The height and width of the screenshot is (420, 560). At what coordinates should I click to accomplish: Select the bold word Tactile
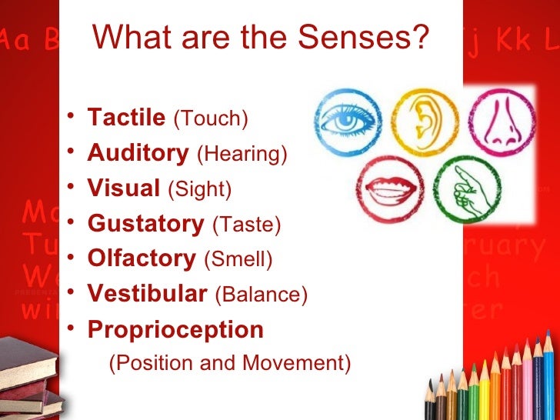coord(126,118)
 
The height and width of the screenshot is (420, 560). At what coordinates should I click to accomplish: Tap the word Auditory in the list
coord(138,153)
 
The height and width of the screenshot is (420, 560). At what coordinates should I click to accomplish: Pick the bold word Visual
coord(124,188)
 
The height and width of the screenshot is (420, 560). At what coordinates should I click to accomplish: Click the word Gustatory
coord(145,224)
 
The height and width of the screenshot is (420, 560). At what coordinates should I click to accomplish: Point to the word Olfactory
coord(142,258)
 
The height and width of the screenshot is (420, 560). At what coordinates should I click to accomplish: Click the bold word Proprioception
coord(175,330)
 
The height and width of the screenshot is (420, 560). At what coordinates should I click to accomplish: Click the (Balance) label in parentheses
coord(261,295)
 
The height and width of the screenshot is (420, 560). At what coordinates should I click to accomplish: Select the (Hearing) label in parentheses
coord(242,154)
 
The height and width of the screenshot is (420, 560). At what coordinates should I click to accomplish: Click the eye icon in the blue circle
coord(346,121)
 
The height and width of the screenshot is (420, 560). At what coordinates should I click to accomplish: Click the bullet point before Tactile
coord(70,118)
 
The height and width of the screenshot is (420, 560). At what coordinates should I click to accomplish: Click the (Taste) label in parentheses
coord(246,225)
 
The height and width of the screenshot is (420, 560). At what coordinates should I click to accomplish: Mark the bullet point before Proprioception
coord(70,330)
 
